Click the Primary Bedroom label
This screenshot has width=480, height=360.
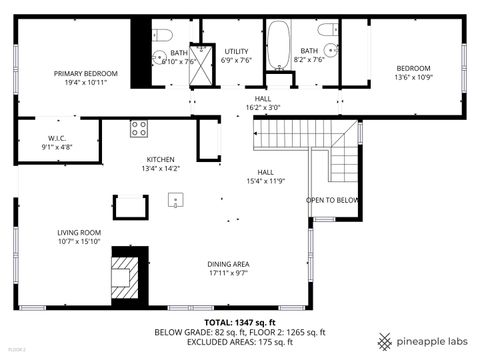click(86, 78)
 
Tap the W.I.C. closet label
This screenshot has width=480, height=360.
click(57, 143)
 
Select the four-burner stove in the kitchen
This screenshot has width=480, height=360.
click(139, 128)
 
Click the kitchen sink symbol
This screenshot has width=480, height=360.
click(176, 199)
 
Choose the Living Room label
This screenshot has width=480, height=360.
click(79, 237)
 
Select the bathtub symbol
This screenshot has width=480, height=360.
click(278, 44)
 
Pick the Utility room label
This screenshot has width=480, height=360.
click(236, 55)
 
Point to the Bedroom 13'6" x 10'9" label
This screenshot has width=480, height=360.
click(412, 72)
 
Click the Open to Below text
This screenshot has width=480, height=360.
click(332, 200)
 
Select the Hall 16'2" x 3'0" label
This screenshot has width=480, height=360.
click(263, 103)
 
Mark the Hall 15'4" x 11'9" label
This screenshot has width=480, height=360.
click(266, 176)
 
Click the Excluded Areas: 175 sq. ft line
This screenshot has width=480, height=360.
click(240, 343)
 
